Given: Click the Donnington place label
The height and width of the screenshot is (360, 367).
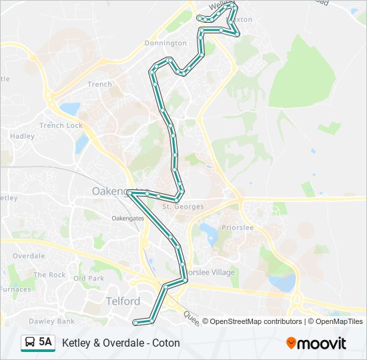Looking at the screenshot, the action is click(165, 43).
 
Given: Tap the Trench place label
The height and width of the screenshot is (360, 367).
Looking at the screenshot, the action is click(99, 84).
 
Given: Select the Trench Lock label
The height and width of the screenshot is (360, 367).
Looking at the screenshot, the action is click(61, 125).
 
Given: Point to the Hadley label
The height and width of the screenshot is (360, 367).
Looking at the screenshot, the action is click(22, 136).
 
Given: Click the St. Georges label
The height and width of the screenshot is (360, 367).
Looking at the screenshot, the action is click(183, 207).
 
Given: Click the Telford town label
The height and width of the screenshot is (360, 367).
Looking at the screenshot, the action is click(123, 301).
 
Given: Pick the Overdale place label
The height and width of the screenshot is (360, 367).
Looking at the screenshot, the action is click(28, 256).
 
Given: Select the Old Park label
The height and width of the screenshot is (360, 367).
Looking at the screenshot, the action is click(89, 278).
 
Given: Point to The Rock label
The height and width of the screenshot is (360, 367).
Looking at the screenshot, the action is click(49, 275).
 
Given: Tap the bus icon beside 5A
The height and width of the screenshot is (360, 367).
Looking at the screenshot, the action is click(30, 343).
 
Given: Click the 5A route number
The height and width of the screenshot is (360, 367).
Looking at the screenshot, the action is click(45, 343).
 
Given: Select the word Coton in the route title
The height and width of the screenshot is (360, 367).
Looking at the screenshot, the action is click(167, 343).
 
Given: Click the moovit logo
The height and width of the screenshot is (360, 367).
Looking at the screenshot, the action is click(316, 343).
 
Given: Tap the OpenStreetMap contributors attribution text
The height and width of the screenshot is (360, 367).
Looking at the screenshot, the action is click(256, 321).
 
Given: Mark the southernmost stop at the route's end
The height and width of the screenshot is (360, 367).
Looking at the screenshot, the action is click(135, 323).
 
